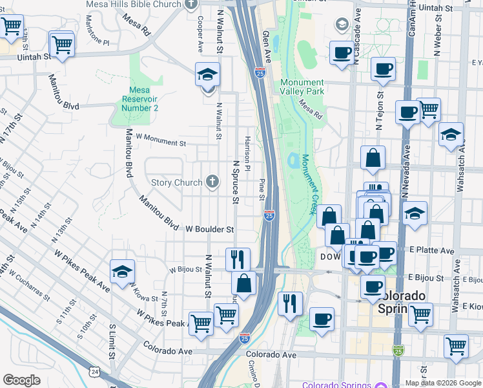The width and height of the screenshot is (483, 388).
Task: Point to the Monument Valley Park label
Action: point(302,87)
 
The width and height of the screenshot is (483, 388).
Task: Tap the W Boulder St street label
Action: point(209,229)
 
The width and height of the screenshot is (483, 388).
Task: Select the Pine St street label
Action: point(262,189)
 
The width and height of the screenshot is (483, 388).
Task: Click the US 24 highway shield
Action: point(95,372)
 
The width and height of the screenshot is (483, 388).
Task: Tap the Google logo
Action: point(21,380)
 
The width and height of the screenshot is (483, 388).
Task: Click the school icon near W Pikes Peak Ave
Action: point(121,273)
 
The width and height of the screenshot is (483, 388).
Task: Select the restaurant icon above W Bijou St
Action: point(238,259)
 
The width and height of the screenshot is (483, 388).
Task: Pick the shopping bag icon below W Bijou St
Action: point(243,284)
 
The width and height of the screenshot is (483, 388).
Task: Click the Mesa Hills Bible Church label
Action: point(134,5)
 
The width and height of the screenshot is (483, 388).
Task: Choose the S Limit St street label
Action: point(112,343)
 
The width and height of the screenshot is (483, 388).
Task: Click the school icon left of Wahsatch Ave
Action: point(451,136)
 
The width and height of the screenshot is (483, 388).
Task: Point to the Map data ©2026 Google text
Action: point(443,383)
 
